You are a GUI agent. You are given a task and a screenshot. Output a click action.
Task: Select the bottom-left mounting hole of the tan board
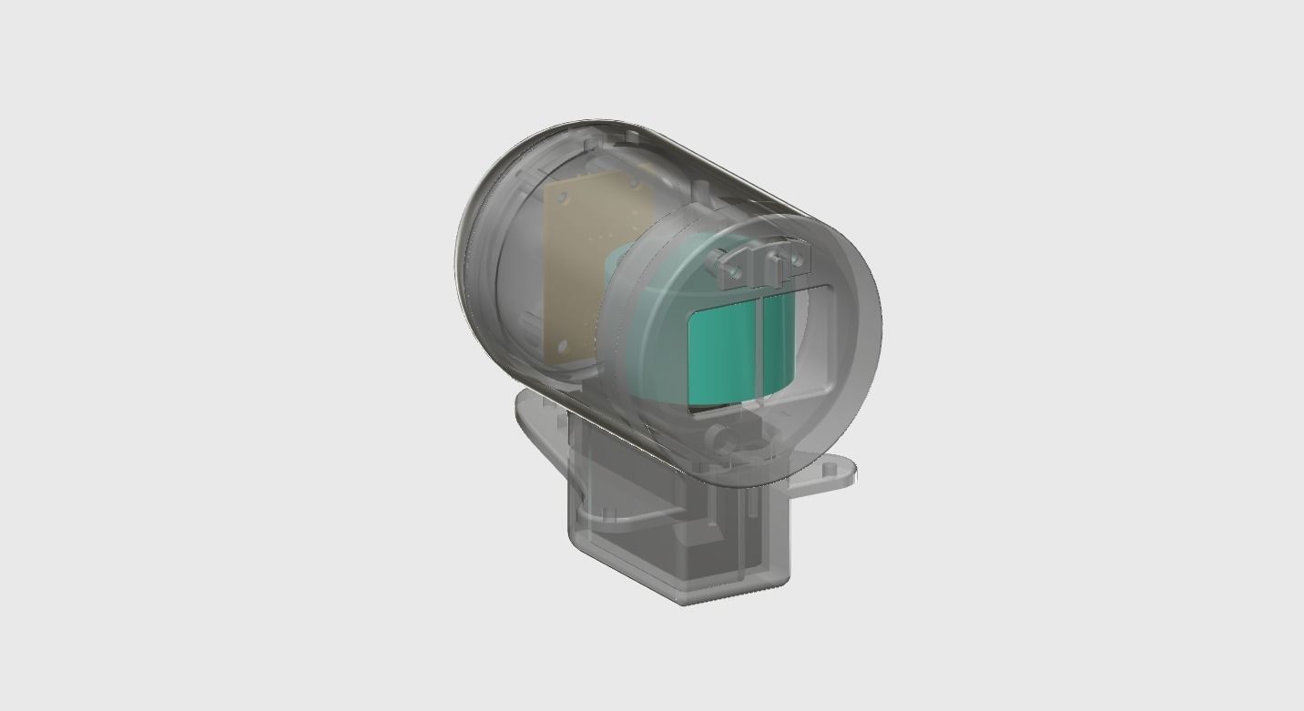[x=563, y=346]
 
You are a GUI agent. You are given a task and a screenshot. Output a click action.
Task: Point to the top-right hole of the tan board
[x=634, y=183]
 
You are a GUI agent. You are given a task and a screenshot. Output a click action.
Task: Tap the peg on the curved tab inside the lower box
[x=609, y=514]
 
